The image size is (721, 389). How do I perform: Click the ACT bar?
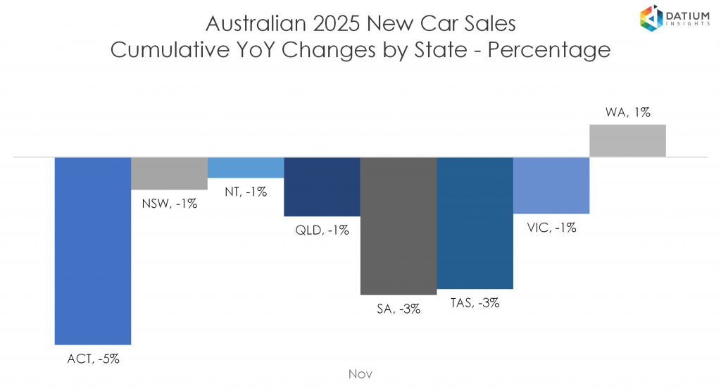[x=93, y=250]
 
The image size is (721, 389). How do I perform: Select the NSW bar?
[x=169, y=173]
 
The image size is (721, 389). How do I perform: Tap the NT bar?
[x=245, y=168]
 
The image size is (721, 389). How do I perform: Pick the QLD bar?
[x=322, y=187]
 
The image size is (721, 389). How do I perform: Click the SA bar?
[x=398, y=226]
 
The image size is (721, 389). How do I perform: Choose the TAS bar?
[x=475, y=223]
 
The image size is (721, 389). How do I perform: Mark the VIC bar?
[x=551, y=185]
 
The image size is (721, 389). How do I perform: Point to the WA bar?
[x=627, y=141]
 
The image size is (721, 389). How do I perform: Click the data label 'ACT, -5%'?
[x=93, y=359]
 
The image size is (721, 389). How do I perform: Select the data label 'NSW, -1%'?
[x=169, y=204]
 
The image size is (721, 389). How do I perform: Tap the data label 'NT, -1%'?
[x=246, y=191]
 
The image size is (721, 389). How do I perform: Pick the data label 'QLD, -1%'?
[x=322, y=230]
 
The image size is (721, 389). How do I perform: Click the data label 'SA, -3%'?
[x=398, y=308]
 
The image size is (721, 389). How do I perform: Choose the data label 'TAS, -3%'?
[x=475, y=303]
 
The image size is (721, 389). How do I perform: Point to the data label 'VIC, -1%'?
[x=551, y=228]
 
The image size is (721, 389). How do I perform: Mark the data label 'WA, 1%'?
[x=627, y=112]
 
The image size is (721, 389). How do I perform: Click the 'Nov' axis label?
[x=360, y=373]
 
